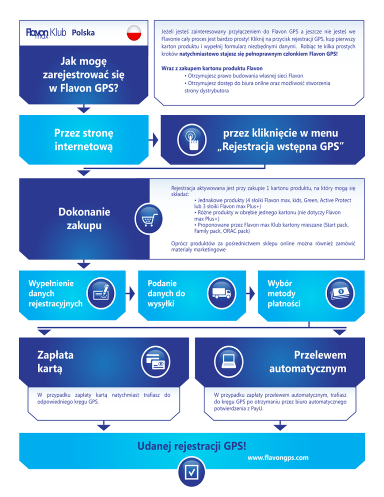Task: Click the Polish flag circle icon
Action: pos(134,32)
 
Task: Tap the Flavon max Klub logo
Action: pos(46,33)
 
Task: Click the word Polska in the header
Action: pos(83,32)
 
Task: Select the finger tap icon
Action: pos(192,140)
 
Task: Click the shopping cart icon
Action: pos(148,218)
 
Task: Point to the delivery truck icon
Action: pos(221,293)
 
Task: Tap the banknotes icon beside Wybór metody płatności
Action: pos(340,293)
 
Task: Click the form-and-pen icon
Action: pos(101,293)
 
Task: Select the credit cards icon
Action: pos(155,362)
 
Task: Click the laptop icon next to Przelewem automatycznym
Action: pos(228,362)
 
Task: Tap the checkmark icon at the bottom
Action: pos(191,472)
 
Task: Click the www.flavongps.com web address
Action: pos(278,457)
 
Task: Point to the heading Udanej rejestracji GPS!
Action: pos(192,446)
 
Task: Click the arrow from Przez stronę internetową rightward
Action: pos(154,140)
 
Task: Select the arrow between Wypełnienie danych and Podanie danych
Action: pos(130,293)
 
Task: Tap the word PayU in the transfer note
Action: pos(257,408)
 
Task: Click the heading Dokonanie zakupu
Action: pos(84,218)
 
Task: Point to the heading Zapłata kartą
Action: pos(55,361)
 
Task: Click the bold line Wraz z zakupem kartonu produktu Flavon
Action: pos(212,68)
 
